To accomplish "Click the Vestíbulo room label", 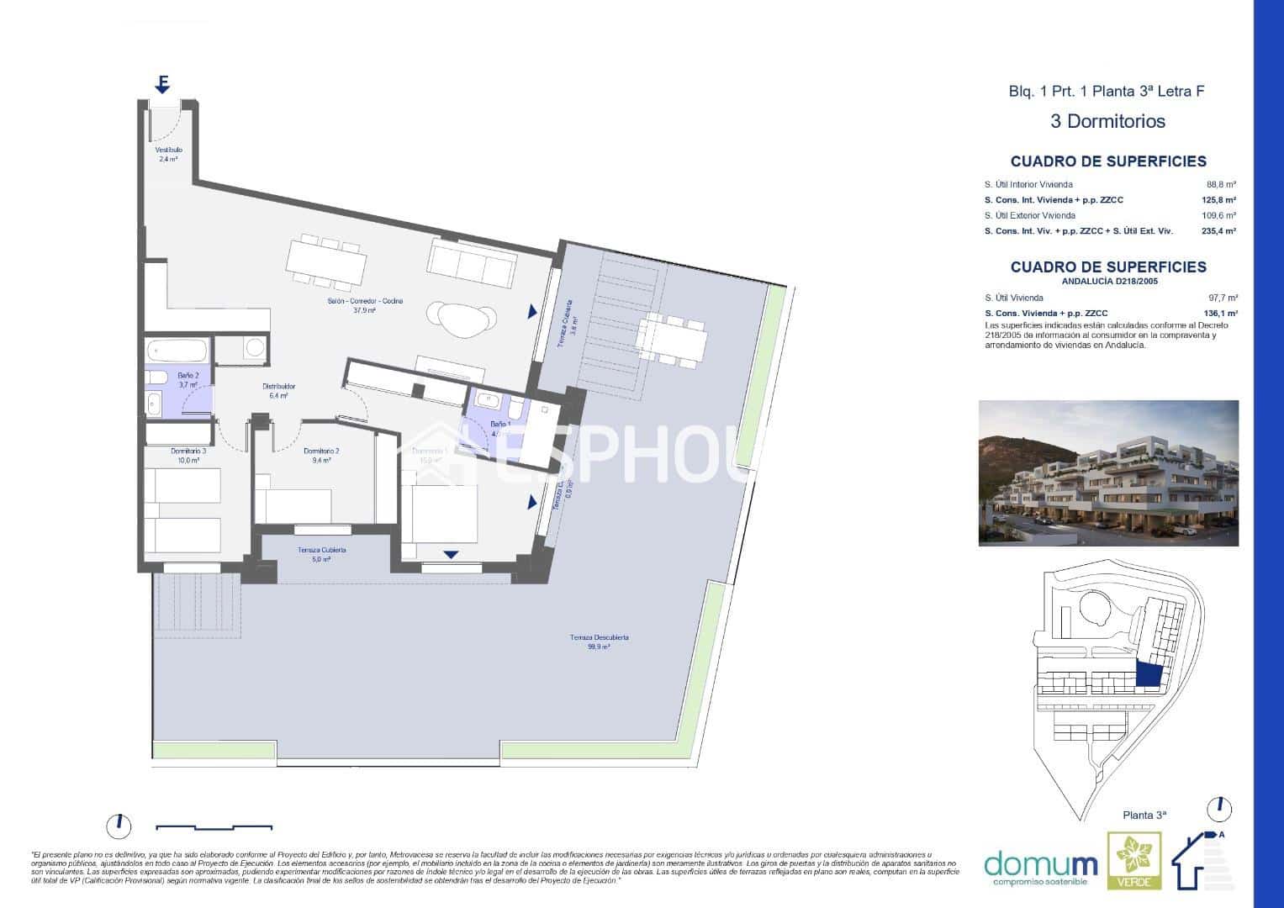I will coord(168,154).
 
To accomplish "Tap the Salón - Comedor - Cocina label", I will coord(351,305).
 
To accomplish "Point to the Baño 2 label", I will coord(188,380).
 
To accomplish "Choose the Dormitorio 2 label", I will coord(321,455).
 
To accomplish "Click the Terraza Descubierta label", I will coord(599,641).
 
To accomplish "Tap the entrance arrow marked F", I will coord(163,84).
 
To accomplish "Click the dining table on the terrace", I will coord(672,339).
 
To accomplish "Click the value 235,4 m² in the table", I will coord(1218,230).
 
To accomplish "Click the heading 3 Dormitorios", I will coord(1107,121).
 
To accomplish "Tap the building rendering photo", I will coord(1108,472).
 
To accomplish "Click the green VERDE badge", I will coord(1133,860).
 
